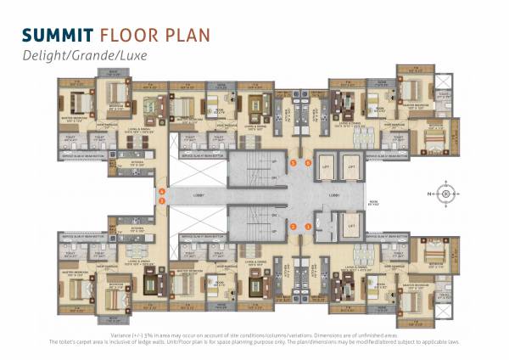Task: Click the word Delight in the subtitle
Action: coord(42,58)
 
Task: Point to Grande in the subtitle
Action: coord(88,58)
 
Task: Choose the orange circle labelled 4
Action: coord(161,192)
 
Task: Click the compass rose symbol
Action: coord(445,192)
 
